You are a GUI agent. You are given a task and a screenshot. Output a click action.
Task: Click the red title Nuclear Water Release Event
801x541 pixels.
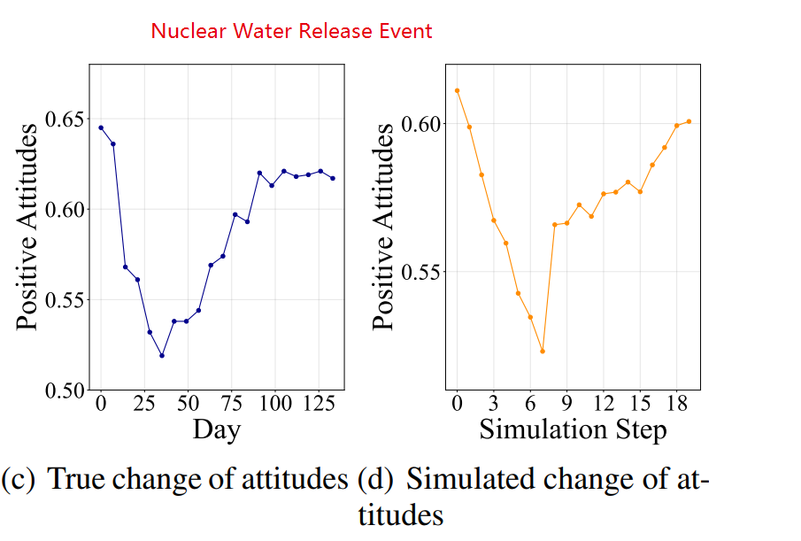pos(291,31)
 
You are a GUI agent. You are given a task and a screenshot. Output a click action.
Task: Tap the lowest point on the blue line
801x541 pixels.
pos(162,356)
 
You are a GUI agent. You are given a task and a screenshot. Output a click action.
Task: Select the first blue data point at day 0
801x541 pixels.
pos(101,128)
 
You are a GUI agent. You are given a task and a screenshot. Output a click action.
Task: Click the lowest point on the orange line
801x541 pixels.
pos(542,352)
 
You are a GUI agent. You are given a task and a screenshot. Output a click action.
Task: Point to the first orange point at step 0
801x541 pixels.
pos(457,90)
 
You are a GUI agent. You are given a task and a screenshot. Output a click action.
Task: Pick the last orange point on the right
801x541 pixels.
pos(689,121)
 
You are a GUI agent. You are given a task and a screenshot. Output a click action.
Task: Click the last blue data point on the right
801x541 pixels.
pos(333,178)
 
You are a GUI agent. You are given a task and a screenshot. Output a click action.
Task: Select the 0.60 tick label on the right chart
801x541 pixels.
pos(421,123)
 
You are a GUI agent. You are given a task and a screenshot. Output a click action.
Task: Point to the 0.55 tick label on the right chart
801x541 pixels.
pos(421,272)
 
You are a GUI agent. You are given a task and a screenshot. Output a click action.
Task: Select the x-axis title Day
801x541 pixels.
pos(217,429)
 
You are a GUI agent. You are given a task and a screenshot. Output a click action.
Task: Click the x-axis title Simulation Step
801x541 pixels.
pos(573,429)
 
